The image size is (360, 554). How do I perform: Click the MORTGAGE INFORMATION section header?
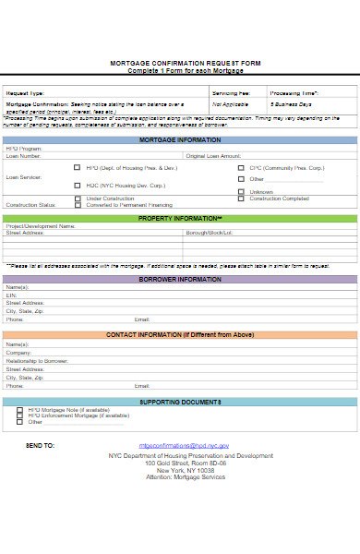pos(180,139)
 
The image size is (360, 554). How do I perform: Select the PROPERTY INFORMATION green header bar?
pos(180,218)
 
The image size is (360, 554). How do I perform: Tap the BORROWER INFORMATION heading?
pos(180,279)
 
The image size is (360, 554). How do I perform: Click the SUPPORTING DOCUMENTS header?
pos(180,402)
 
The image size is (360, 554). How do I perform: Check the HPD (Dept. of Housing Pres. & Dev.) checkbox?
pos(78,168)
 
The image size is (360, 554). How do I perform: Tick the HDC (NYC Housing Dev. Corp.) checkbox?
pos(78,185)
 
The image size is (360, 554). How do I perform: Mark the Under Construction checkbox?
pos(78,199)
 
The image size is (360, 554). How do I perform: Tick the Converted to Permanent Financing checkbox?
pos(78,204)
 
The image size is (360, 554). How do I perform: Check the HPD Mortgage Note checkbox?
pos(19,409)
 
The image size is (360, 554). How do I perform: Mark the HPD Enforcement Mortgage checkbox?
pos(19,415)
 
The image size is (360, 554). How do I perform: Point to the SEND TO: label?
pos(41,445)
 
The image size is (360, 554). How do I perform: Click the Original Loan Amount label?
pos(213,156)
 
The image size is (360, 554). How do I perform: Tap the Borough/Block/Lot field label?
pos(209,233)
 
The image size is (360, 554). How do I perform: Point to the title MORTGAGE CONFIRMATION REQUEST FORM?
pos(180,64)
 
